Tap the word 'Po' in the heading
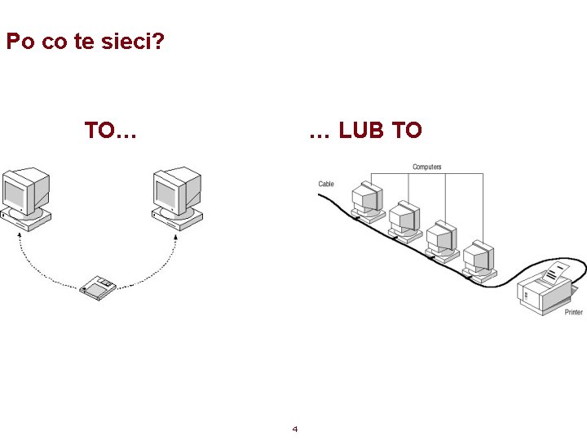tap(20, 41)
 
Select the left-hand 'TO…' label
tap(110, 130)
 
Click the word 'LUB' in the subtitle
tap(364, 130)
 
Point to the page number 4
tap(294, 429)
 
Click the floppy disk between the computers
tap(98, 287)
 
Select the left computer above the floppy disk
tap(26, 197)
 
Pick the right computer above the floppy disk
tap(178, 197)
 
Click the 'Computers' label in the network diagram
tap(426, 167)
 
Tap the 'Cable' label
tap(326, 185)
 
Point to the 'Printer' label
tap(574, 312)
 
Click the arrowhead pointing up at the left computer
tap(20, 235)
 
